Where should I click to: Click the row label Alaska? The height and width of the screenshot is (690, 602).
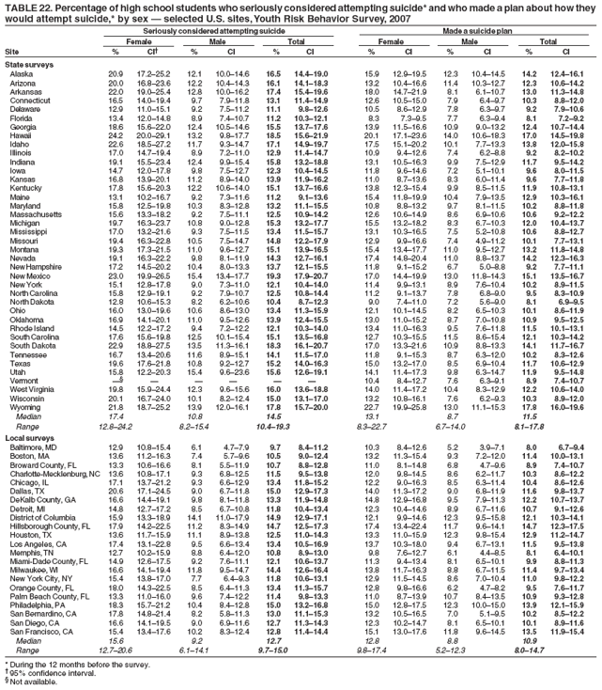(x=22, y=73)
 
